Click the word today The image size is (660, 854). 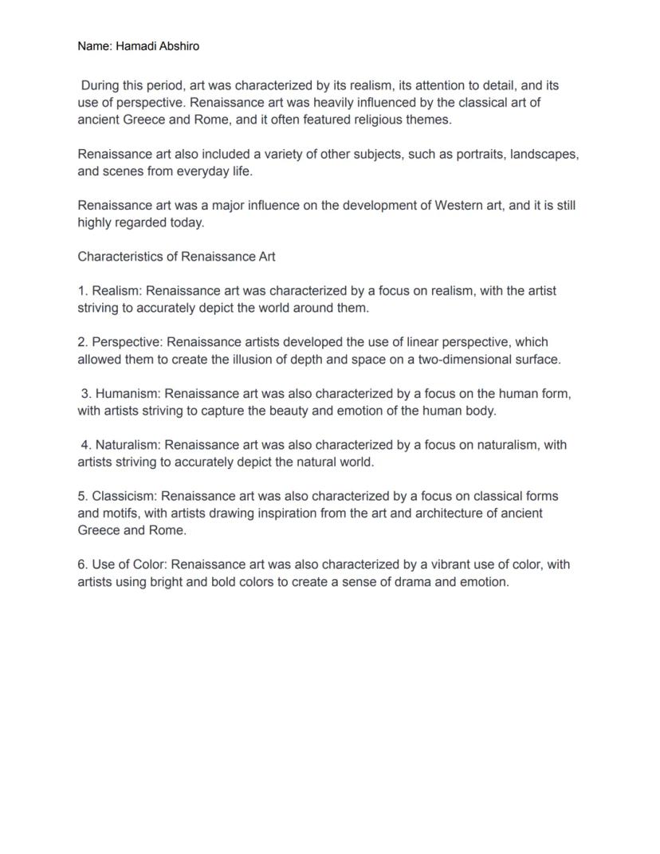point(187,222)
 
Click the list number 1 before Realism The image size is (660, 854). point(82,291)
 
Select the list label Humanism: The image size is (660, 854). point(128,394)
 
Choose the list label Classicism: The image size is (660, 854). point(124,496)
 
